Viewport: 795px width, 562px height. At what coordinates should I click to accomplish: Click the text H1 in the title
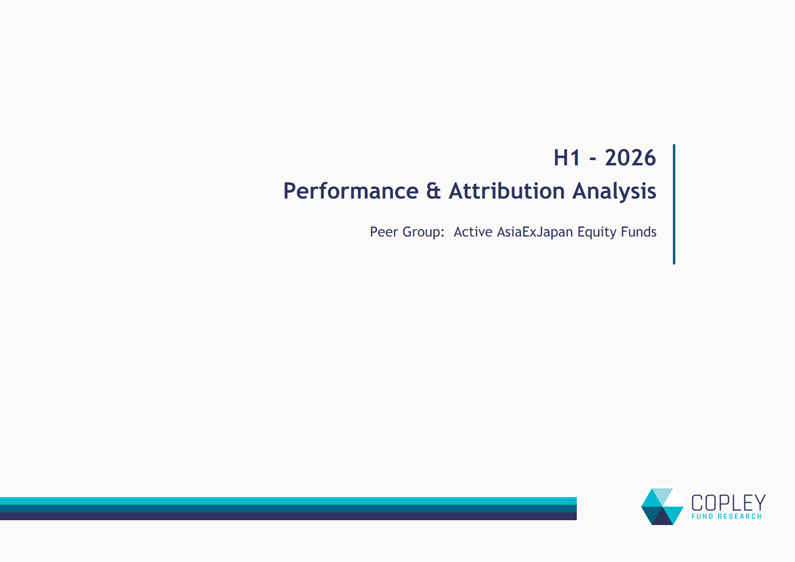point(567,158)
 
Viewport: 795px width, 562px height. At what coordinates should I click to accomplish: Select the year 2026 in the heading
point(630,158)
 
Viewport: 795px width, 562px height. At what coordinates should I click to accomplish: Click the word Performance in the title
point(351,191)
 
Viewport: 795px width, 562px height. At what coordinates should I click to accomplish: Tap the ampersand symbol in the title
point(433,191)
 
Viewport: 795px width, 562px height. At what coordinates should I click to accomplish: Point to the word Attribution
point(507,191)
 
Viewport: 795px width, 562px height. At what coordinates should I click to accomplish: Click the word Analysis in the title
point(614,191)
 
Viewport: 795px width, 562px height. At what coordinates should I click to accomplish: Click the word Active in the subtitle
point(473,232)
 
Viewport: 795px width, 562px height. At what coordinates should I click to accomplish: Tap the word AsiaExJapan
point(535,232)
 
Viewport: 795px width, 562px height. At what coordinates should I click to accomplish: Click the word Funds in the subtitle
point(639,232)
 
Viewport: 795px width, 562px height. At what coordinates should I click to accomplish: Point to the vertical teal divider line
point(674,204)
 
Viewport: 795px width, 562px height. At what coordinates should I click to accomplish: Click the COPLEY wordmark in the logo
point(729,503)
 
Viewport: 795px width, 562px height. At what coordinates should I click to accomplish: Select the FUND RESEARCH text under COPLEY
point(727,516)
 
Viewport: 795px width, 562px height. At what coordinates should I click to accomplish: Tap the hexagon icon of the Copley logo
point(662,507)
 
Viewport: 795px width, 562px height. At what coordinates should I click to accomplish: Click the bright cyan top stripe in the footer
point(288,501)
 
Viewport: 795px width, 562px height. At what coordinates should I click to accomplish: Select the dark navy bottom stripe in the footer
point(288,516)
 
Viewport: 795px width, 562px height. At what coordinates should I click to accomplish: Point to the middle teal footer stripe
point(288,509)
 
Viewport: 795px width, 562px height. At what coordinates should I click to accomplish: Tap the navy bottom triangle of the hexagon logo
point(663,518)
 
